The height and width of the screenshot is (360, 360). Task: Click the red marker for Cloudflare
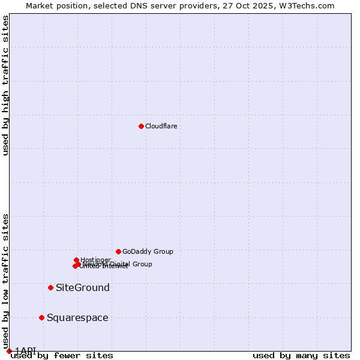[x=141, y=126]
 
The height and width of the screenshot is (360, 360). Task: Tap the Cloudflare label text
[x=161, y=126]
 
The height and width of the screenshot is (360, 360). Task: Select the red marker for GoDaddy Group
[x=118, y=251]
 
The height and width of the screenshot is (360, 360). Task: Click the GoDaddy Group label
[x=148, y=251]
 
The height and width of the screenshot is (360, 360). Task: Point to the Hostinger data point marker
[x=76, y=260]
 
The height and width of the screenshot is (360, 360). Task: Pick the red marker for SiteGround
[x=50, y=287]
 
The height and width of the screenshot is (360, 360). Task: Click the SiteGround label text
[x=83, y=287]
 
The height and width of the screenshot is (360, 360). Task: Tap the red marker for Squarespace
[x=41, y=317]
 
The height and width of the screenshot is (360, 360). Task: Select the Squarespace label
[x=77, y=317]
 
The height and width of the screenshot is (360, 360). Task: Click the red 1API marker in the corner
[x=9, y=351]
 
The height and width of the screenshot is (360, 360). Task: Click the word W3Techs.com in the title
[x=311, y=5]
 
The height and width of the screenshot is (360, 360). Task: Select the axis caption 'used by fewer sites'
[x=61, y=355]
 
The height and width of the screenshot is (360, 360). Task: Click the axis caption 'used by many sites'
[x=301, y=355]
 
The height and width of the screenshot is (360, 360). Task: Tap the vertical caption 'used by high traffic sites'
[x=5, y=85]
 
